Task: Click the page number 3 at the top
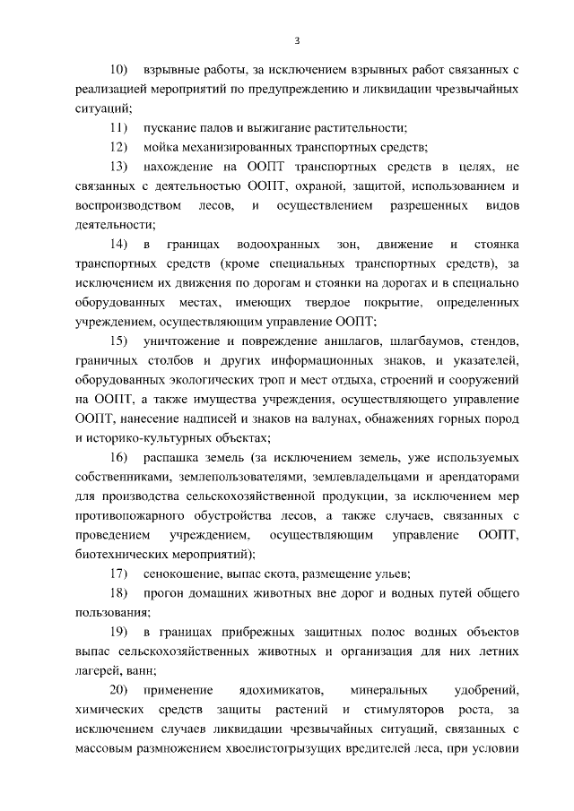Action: click(296, 40)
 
